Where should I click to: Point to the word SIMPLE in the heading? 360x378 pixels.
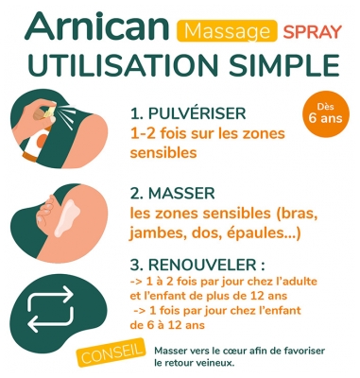tap(284, 66)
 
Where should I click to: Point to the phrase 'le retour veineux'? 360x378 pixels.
tap(193, 362)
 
